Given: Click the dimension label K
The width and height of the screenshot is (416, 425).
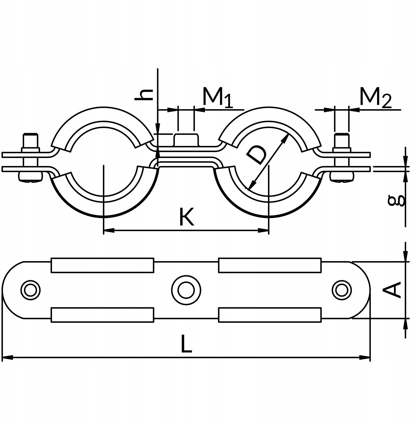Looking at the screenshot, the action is click(186, 216).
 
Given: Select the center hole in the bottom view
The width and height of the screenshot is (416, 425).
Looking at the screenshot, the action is click(186, 290).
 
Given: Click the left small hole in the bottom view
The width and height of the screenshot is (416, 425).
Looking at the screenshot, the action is click(31, 290).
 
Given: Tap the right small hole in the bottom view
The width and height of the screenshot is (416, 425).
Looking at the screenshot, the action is click(342, 290).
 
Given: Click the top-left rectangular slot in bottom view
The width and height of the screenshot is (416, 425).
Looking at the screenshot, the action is click(102, 265).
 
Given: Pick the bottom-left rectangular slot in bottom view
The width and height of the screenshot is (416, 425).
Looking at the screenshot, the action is click(102, 315).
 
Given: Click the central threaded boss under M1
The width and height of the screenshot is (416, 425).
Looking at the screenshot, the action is click(186, 140).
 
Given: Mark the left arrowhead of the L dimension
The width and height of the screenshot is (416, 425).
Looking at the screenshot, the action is click(7, 358).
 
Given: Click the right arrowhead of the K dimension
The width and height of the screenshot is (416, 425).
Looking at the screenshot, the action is click(263, 231).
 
